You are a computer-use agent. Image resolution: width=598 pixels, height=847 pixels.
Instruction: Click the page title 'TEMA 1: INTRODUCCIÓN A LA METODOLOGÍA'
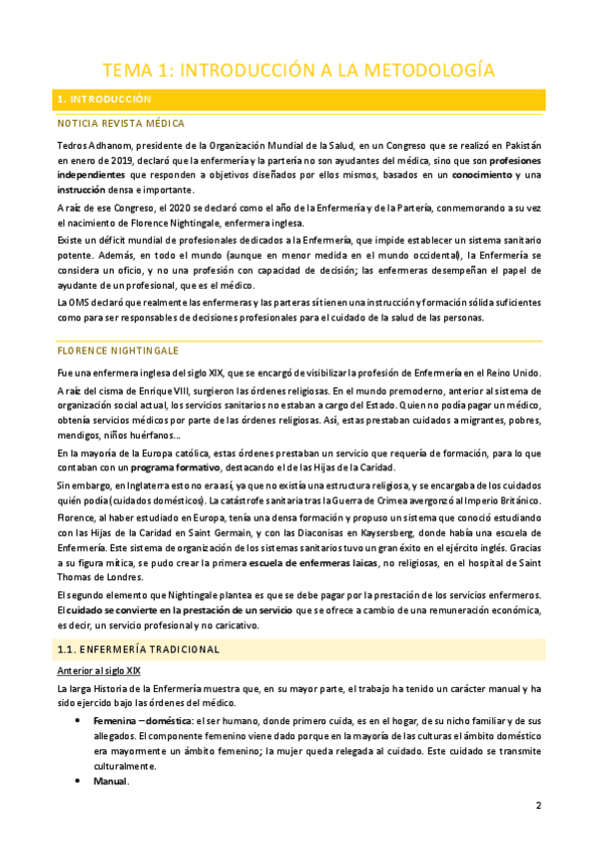[299, 69]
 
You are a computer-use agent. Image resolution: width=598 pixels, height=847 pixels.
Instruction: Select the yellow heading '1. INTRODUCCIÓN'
[104, 100]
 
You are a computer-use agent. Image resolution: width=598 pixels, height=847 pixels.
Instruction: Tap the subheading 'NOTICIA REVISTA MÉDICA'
[122, 124]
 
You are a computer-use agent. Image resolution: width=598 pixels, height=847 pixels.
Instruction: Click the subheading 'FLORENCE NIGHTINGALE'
[119, 352]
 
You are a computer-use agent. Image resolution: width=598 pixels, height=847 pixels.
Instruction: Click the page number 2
[538, 805]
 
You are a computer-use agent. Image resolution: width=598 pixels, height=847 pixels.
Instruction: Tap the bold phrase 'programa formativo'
[150, 468]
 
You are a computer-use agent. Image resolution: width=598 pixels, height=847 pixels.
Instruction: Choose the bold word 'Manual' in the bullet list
[111, 781]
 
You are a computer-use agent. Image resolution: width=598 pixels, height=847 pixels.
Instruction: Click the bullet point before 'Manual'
[79, 781]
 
